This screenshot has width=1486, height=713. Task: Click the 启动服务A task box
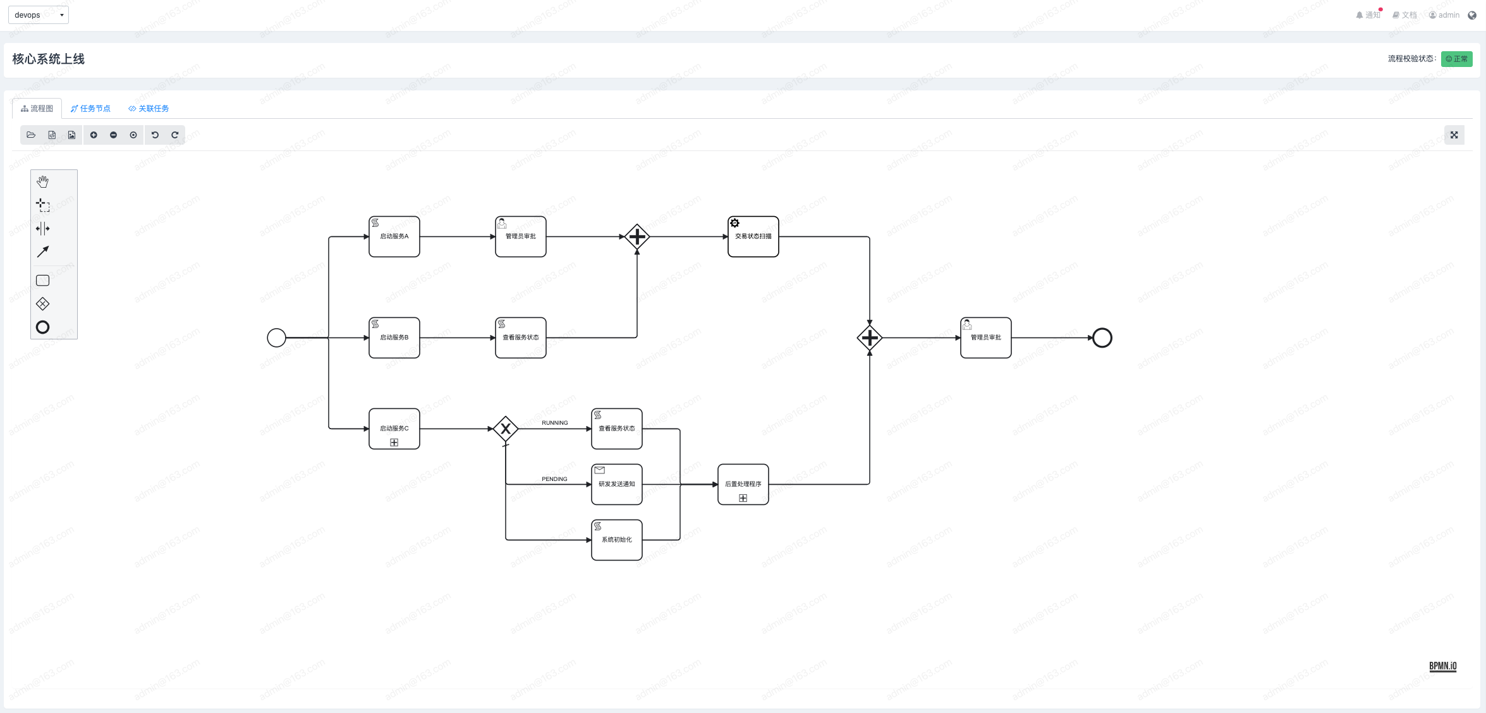(x=394, y=236)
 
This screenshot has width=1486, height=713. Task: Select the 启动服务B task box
(x=394, y=338)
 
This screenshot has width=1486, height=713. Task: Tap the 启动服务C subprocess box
(x=394, y=429)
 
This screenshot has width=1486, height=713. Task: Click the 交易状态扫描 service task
(x=753, y=236)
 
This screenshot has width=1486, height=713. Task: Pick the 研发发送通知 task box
(x=616, y=484)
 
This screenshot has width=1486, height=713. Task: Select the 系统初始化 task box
(x=616, y=540)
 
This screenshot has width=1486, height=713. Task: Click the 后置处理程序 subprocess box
(x=743, y=484)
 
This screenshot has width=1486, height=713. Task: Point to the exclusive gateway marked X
(x=506, y=429)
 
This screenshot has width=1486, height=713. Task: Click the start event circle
(x=276, y=338)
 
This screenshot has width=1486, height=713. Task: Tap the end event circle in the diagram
(x=1102, y=338)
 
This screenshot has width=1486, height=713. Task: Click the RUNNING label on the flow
(x=554, y=423)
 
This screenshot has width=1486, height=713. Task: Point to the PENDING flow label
(x=554, y=479)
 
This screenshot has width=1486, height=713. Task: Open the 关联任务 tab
(x=149, y=109)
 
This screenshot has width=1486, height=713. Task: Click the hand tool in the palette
(x=42, y=182)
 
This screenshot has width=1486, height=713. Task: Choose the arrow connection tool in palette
(x=42, y=252)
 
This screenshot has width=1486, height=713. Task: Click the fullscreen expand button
(x=1454, y=135)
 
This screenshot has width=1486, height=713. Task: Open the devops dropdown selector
(x=39, y=15)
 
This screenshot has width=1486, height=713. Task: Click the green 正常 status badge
(x=1456, y=59)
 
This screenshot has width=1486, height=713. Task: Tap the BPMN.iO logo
(x=1442, y=666)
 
